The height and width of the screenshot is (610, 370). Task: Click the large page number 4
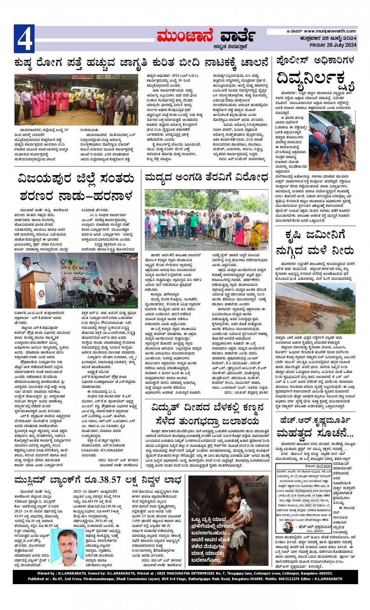tap(24, 39)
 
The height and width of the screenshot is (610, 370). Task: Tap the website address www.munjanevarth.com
tap(330, 31)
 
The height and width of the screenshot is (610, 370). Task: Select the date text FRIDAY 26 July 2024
tap(333, 45)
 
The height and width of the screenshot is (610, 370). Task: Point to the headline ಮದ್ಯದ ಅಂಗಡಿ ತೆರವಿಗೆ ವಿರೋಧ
tap(206, 178)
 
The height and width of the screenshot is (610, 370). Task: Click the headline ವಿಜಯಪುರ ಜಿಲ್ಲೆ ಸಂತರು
tap(76, 179)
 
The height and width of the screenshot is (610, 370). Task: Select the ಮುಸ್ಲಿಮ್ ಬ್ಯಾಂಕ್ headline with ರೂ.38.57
tap(98, 480)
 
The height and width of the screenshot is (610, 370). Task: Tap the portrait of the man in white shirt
tap(67, 548)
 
